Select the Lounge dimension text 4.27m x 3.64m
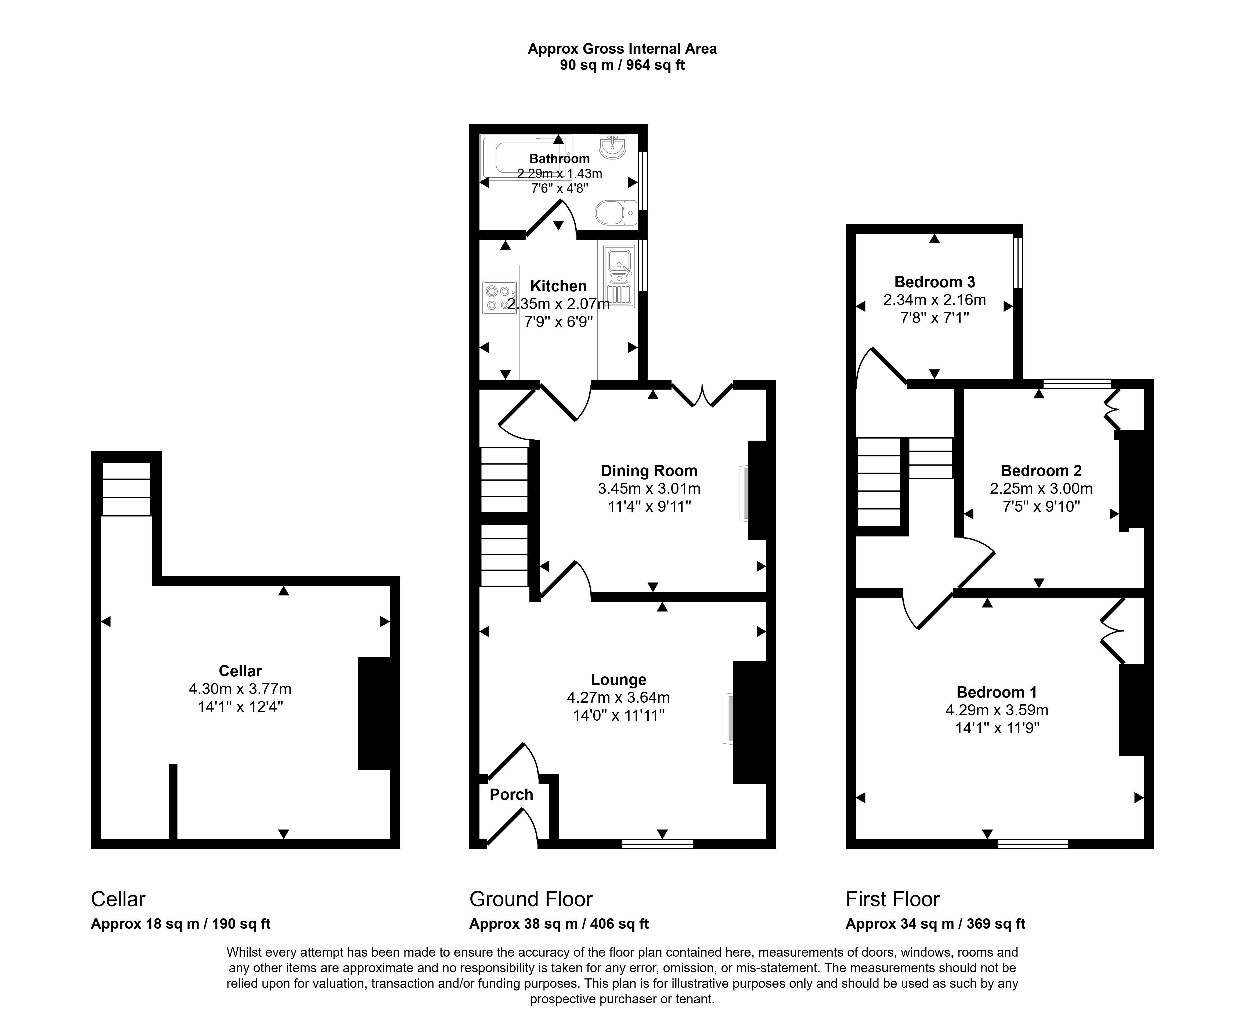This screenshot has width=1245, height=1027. click(x=618, y=698)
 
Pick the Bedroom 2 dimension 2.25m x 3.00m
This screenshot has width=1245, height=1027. click(x=1041, y=489)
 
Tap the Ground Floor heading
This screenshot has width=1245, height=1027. click(x=531, y=899)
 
